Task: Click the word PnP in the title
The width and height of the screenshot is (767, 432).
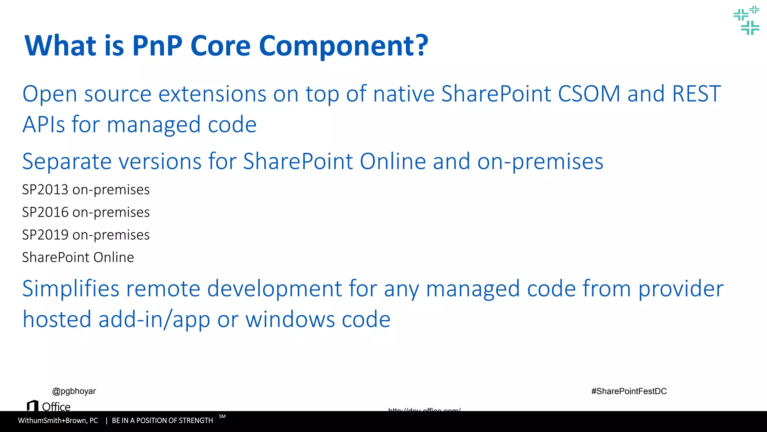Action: [157, 46]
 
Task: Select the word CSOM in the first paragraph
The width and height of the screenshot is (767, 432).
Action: [589, 94]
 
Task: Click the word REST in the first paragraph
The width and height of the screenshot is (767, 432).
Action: [696, 94]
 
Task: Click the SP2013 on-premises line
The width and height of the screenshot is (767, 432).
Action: [86, 190]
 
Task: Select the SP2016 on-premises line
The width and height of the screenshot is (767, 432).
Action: [86, 212]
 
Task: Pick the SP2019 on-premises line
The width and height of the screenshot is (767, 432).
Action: [86, 235]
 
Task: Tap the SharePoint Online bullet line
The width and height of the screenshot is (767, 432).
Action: [78, 257]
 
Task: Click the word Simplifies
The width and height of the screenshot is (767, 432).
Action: [70, 289]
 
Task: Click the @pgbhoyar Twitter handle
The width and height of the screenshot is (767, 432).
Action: [74, 391]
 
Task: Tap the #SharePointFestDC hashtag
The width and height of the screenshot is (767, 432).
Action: [629, 391]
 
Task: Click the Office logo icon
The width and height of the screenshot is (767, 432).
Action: [33, 406]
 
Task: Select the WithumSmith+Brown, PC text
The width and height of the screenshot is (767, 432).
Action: [58, 421]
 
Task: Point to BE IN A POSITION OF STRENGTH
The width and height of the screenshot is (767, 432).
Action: [162, 421]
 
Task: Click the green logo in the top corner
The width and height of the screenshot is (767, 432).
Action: [746, 20]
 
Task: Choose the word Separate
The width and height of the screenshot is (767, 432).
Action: [67, 162]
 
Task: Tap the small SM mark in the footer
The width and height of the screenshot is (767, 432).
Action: [222, 416]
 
